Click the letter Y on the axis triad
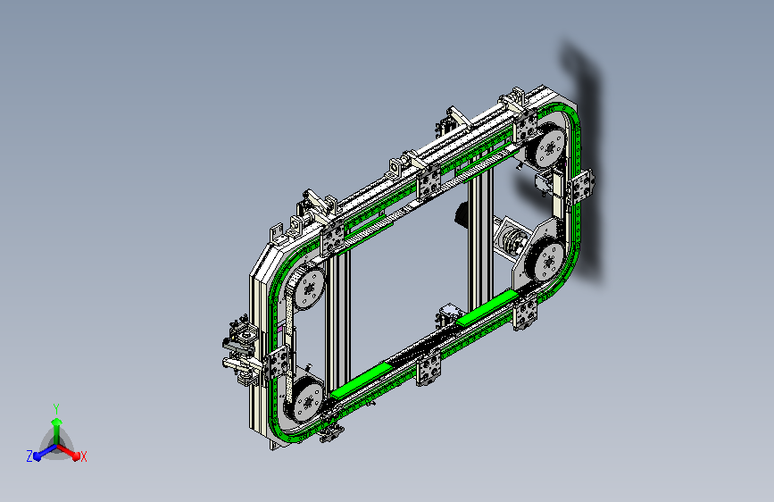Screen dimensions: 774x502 click(x=56, y=409)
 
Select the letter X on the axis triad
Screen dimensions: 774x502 click(x=83, y=457)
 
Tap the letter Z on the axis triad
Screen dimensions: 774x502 click(x=29, y=456)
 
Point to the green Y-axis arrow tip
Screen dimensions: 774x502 click(x=57, y=422)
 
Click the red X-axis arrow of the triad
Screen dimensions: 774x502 click(x=69, y=452)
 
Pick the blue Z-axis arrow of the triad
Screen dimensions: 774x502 click(x=46, y=452)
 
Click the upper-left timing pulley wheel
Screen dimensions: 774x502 click(x=309, y=288)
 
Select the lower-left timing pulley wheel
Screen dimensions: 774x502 click(x=307, y=401)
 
